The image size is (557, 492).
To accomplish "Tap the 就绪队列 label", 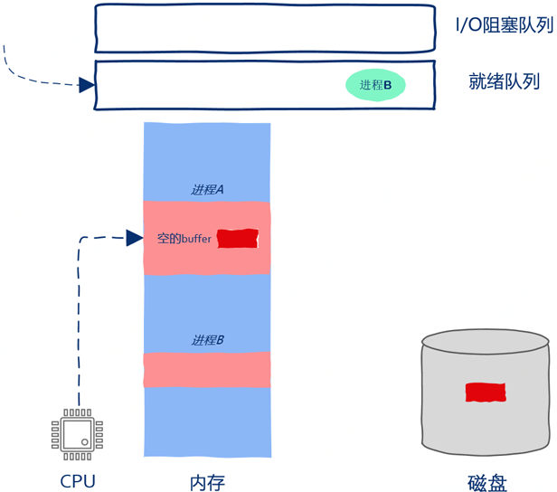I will click(504, 81).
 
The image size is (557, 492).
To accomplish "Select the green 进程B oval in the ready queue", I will click(375, 85).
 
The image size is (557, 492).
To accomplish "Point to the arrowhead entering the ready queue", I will click(87, 85).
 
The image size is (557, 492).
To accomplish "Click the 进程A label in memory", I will click(207, 190).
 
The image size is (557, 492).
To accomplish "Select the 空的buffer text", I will click(184, 239).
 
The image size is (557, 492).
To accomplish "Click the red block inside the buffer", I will click(238, 239).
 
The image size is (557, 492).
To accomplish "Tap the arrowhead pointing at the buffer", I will click(135, 238).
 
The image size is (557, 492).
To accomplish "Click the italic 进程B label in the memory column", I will click(207, 340).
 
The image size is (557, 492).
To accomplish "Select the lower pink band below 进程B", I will click(207, 369).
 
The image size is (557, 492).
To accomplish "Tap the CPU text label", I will click(77, 481).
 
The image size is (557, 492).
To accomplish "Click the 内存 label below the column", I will click(207, 482).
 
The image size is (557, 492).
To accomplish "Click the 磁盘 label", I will click(487, 483).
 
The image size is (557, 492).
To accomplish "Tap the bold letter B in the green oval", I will click(388, 85).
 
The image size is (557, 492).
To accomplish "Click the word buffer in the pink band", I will click(196, 240).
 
